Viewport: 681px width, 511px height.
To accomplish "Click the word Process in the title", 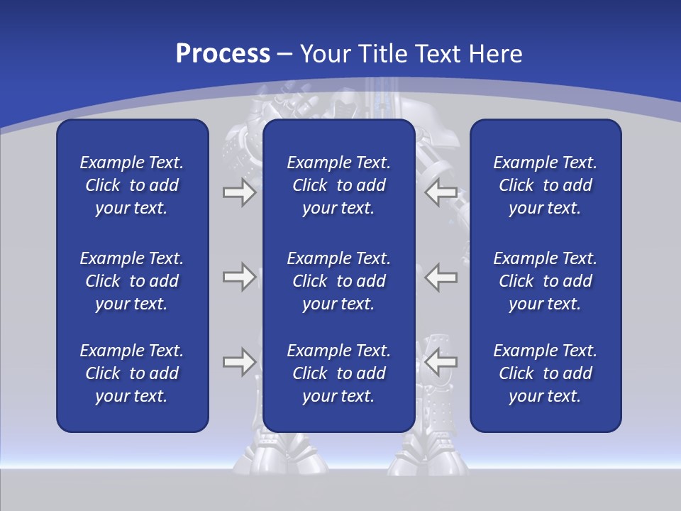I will tap(223, 54).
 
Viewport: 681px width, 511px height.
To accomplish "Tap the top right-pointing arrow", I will tap(239, 192).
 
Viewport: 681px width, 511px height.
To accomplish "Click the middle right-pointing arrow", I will tap(239, 277).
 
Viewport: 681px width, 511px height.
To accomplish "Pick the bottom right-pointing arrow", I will tap(239, 362).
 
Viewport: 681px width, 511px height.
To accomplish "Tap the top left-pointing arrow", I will tap(441, 192).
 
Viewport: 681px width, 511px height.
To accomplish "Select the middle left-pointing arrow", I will tap(441, 277).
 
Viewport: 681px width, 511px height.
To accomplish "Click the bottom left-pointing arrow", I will tap(441, 362).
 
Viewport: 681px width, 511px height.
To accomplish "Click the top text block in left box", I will tap(132, 185).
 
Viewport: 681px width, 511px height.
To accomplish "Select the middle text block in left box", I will tap(132, 281).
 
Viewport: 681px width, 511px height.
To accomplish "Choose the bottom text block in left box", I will tap(132, 373).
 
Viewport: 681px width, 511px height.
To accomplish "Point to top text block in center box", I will tap(338, 185).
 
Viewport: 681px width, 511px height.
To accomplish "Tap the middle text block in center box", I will tap(338, 281).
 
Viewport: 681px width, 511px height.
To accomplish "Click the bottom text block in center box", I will tap(338, 373).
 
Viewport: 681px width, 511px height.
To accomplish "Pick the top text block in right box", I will tap(545, 185).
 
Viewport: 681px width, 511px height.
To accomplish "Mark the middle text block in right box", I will tap(545, 281).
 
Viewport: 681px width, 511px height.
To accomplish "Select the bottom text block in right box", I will tap(545, 373).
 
